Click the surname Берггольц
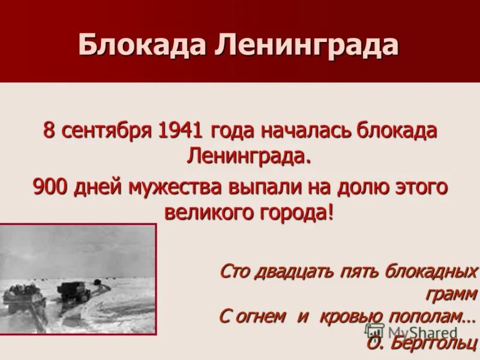point(433,343)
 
